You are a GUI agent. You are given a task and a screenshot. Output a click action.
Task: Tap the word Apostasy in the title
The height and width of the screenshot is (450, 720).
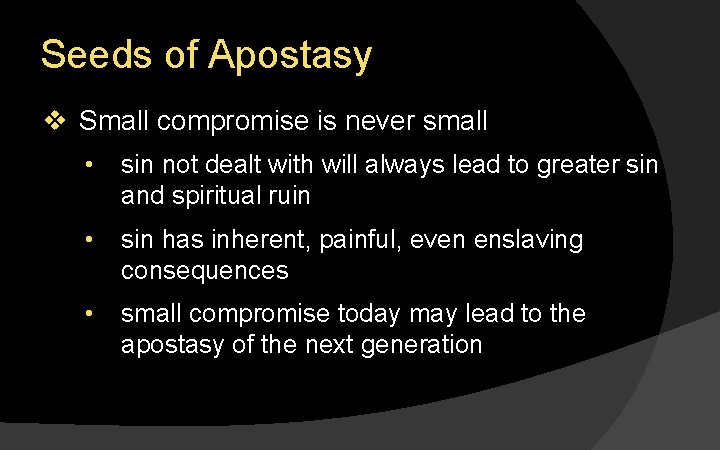click(x=290, y=57)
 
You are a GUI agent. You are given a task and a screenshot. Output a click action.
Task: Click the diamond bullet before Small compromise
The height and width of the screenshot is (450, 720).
click(x=55, y=122)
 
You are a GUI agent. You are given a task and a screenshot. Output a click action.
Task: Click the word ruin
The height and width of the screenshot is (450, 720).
click(x=287, y=196)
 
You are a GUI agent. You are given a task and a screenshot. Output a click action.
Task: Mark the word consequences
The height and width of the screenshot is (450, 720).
click(x=204, y=270)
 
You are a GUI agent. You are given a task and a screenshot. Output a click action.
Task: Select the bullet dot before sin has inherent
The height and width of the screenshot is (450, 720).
click(x=90, y=241)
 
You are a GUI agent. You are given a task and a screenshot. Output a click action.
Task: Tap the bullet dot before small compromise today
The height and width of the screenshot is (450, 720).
click(x=90, y=314)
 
